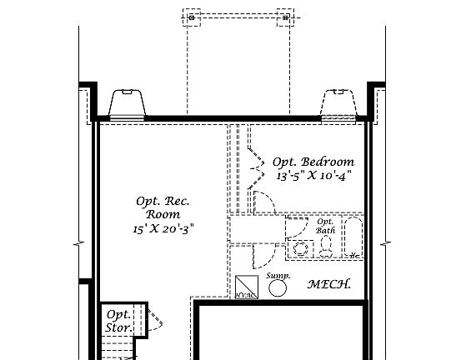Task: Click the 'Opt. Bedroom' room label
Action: [x=314, y=162]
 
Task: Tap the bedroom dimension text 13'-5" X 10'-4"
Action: [x=314, y=176]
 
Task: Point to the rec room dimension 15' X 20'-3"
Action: [x=163, y=227]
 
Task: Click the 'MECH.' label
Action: [x=329, y=284]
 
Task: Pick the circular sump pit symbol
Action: [x=278, y=287]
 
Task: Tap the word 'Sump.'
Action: [x=277, y=274]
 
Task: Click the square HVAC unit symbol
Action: [x=245, y=287]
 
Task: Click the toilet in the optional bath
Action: [x=326, y=245]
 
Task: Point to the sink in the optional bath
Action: [x=299, y=247]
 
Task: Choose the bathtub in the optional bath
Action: [x=354, y=239]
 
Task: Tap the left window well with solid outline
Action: [x=128, y=103]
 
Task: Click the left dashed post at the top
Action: [x=192, y=17]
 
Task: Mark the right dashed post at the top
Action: [x=285, y=17]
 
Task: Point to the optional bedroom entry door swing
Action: [x=266, y=202]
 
